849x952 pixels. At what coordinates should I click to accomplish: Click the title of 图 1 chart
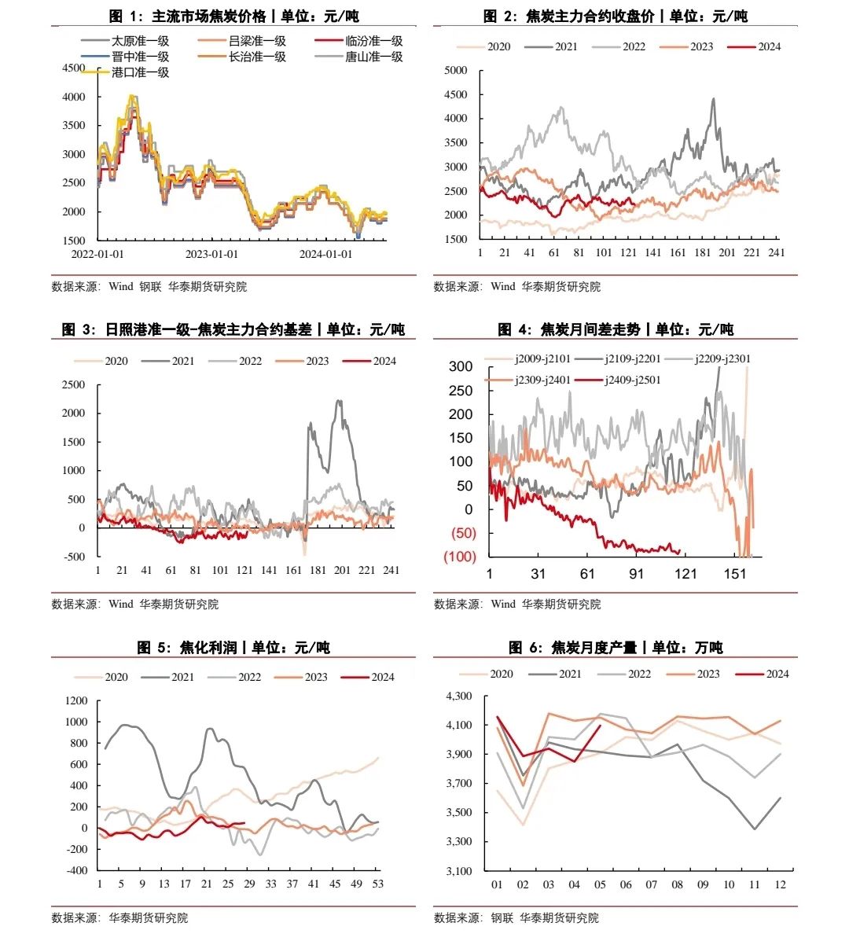(233, 17)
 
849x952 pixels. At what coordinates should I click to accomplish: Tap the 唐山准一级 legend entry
(373, 57)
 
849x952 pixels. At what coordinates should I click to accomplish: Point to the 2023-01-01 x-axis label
(211, 255)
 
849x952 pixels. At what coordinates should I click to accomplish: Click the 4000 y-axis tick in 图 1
(74, 97)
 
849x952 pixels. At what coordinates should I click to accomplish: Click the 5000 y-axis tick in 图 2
(456, 70)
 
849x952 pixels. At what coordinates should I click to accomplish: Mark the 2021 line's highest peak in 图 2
(713, 99)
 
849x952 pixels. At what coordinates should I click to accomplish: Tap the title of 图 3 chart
(233, 329)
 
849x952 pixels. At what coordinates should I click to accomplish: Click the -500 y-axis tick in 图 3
(74, 557)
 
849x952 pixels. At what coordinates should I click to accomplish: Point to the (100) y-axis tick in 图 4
(459, 557)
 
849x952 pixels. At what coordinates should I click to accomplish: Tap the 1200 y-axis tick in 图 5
(77, 700)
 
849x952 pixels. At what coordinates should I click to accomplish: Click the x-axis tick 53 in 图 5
(378, 884)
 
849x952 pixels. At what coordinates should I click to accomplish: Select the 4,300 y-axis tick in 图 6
(459, 696)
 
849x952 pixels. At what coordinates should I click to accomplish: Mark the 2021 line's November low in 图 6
(755, 829)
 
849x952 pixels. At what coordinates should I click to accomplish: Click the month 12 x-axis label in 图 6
(780, 884)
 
